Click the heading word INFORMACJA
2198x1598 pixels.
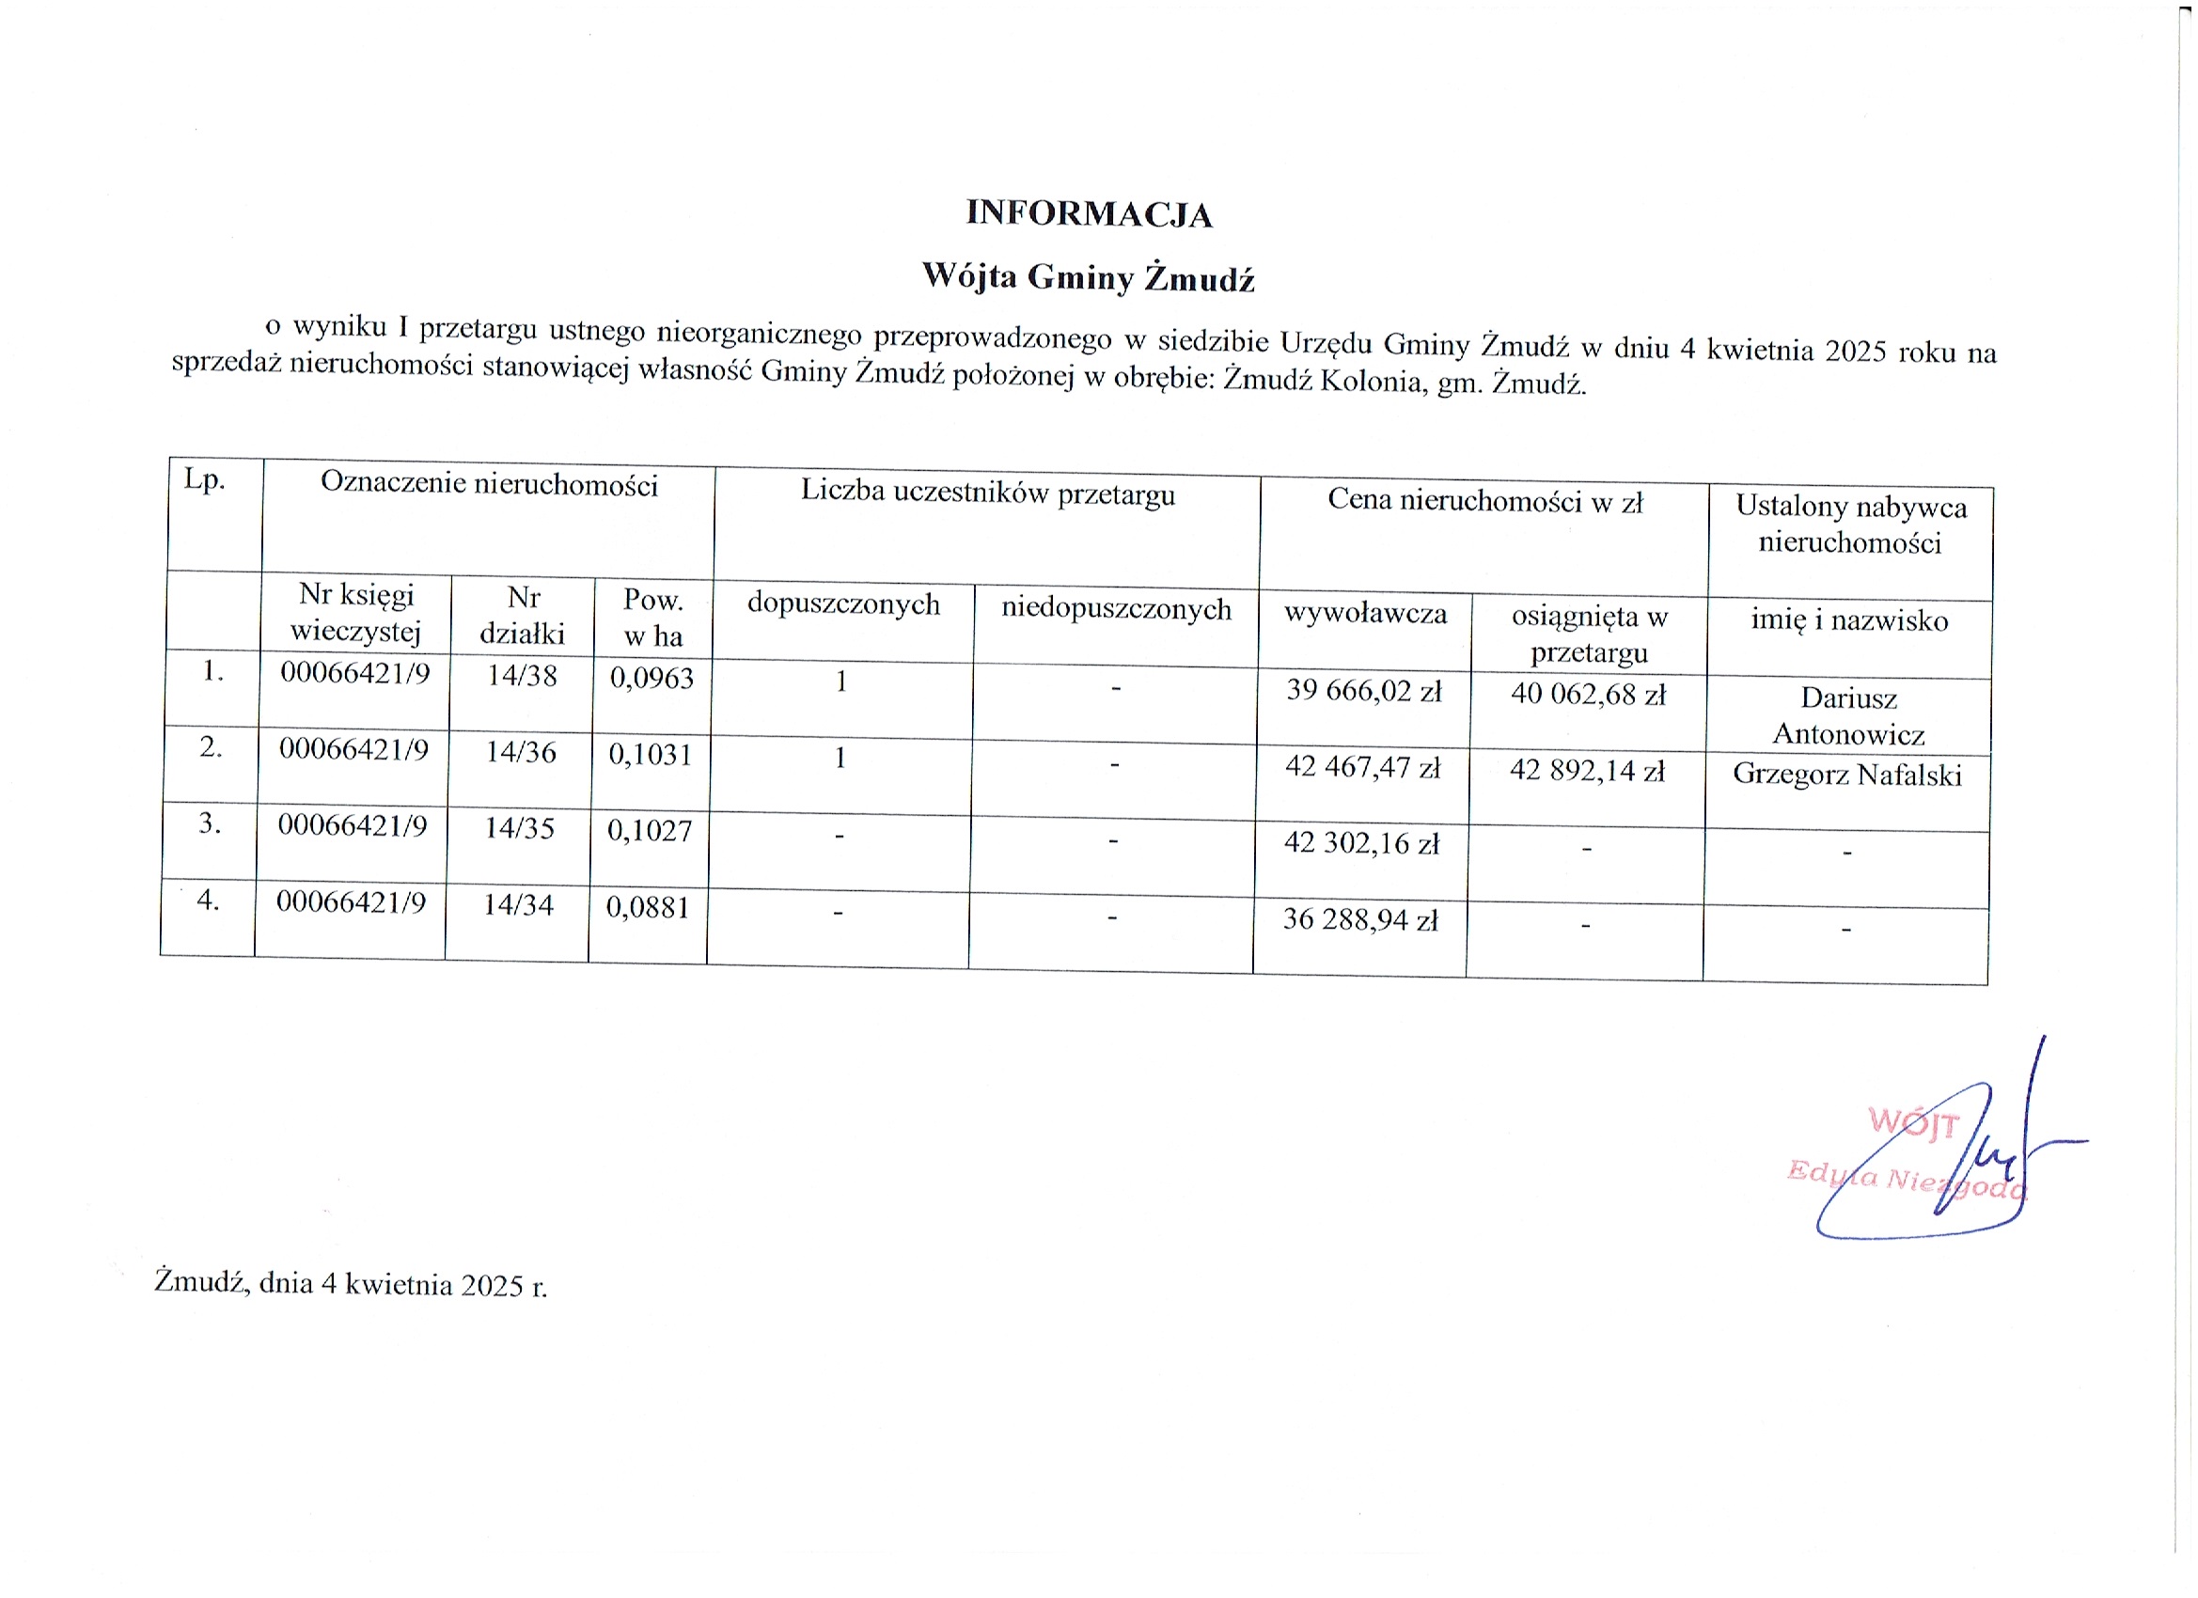coord(1089,214)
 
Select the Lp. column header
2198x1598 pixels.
coord(205,480)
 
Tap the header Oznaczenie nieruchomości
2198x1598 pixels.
coord(489,483)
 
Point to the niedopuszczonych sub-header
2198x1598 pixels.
coord(1116,609)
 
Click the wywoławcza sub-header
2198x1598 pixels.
coord(1364,614)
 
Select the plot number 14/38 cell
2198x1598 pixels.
coord(522,676)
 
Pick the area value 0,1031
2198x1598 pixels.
coord(651,754)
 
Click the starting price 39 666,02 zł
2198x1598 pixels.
coord(1363,691)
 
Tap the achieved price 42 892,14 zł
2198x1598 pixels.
coord(1587,772)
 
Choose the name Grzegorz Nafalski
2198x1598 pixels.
coord(1846,775)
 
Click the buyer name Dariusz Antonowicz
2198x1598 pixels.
coord(1848,716)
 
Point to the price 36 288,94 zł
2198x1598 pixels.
coord(1359,918)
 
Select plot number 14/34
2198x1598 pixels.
coord(519,905)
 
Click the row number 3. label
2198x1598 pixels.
coord(211,823)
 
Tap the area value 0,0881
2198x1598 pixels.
coord(648,908)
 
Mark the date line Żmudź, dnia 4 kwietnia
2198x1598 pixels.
coord(350,1284)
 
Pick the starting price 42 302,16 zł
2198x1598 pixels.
coord(1360,843)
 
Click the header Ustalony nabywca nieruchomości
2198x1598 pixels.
coord(1850,525)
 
